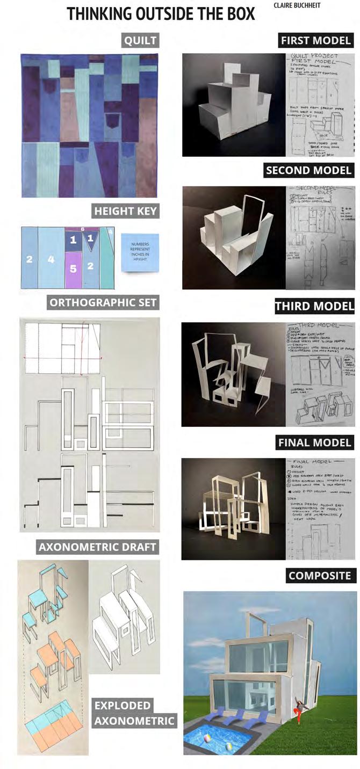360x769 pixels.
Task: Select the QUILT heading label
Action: coord(140,40)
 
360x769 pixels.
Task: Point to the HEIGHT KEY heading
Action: coord(125,211)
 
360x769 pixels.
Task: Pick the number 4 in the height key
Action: coord(52,259)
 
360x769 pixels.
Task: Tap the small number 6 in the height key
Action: coord(82,229)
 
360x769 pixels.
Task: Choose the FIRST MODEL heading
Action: coord(316,40)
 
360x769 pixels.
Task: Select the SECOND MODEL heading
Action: coord(309,171)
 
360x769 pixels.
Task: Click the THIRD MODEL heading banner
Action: coord(314,306)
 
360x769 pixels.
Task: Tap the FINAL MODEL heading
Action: coord(315,442)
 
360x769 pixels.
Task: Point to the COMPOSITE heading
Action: coord(319,576)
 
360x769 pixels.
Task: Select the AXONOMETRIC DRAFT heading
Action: coord(97,547)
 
